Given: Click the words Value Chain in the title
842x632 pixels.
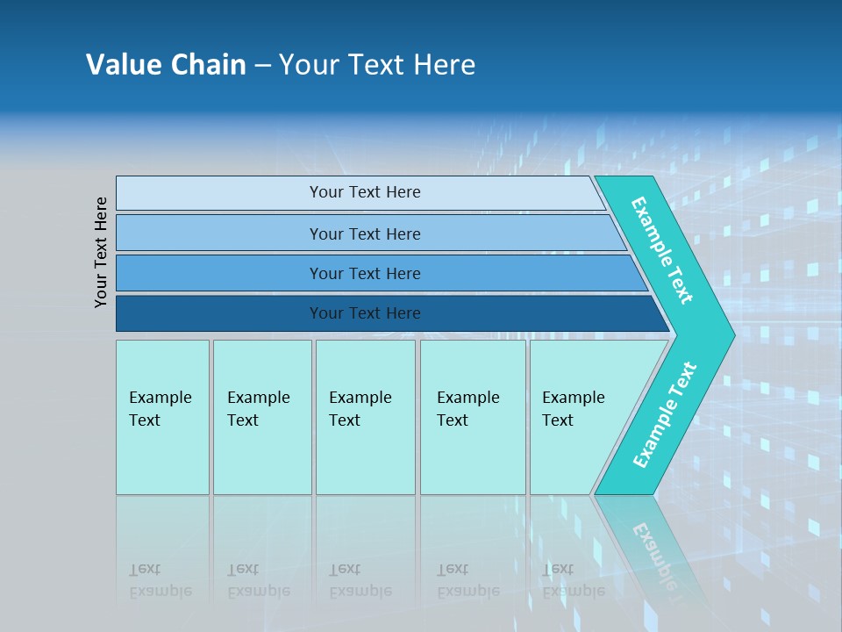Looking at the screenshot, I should click(x=166, y=65).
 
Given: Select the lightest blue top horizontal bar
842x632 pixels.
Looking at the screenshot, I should click(x=219, y=193).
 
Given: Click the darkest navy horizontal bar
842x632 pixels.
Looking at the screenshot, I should click(x=219, y=314).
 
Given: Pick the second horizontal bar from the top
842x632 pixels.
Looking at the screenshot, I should click(x=219, y=233).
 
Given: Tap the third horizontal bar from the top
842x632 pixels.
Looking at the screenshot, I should click(x=219, y=274).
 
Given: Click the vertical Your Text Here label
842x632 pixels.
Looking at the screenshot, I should click(x=101, y=253).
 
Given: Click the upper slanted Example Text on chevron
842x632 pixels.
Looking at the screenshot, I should click(x=662, y=250).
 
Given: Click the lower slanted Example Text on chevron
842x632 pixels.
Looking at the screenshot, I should click(x=664, y=415).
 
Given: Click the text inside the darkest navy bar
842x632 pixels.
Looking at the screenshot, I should click(x=365, y=313).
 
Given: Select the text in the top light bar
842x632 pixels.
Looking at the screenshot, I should click(x=365, y=192).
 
